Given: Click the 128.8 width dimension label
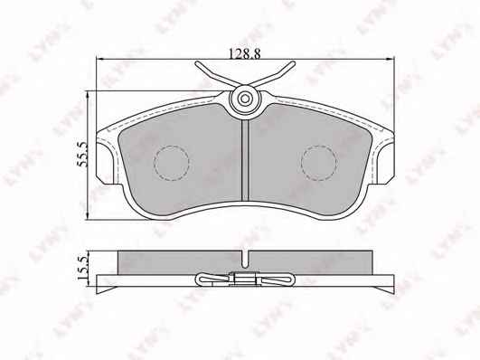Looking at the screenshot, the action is coord(245,54).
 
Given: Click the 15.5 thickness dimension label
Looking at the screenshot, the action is coord(82,268).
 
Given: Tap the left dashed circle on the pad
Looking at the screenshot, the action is coord(172,163).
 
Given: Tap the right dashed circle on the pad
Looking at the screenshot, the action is coord(319,163).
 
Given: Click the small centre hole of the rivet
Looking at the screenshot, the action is coord(245,99).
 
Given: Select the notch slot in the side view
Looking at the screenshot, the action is coord(245,260).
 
